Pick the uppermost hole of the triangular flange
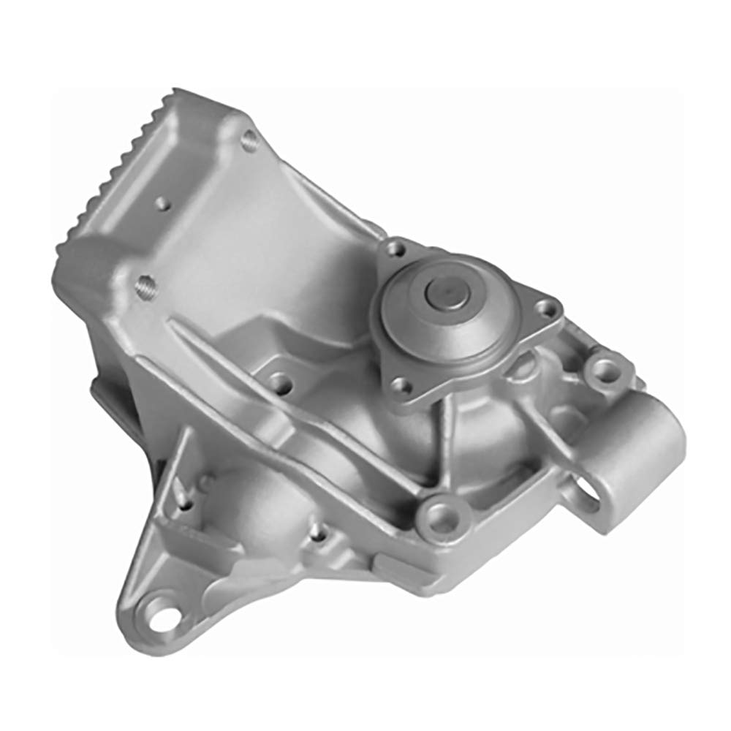[397, 249]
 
